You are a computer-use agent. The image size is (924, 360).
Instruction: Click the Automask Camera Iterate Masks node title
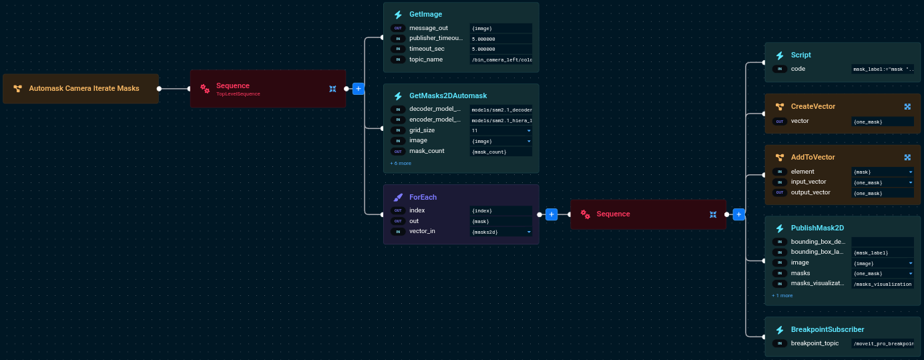pos(84,88)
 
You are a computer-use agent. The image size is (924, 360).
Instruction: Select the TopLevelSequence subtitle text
pos(238,94)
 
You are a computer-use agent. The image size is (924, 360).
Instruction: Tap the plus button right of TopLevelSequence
pos(358,88)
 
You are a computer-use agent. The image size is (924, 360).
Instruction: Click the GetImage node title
pos(425,14)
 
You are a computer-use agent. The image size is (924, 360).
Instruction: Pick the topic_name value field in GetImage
pos(501,60)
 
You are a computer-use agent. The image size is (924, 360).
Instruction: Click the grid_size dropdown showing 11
pos(501,130)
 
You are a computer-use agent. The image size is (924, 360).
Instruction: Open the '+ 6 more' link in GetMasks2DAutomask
pos(401,163)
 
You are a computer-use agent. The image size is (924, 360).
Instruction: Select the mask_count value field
pos(501,152)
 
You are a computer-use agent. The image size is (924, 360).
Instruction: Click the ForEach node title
pos(423,197)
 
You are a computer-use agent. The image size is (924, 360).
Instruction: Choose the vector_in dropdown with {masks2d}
pos(501,232)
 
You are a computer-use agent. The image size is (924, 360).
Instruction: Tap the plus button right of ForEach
pos(551,214)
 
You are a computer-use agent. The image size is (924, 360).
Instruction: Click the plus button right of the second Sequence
pos(738,214)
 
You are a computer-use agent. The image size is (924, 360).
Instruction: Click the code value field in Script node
pos(883,69)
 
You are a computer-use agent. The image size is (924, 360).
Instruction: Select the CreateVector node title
pos(813,106)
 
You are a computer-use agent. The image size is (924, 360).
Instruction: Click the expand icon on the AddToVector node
pos(907,157)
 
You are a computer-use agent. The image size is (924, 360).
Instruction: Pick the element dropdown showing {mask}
pos(883,172)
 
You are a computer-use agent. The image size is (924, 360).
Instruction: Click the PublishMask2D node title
pos(817,228)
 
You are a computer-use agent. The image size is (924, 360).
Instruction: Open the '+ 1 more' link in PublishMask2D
pos(782,295)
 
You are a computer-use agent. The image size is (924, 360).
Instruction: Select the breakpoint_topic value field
pos(883,344)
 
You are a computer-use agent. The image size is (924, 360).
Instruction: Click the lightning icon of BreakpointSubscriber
pos(779,330)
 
